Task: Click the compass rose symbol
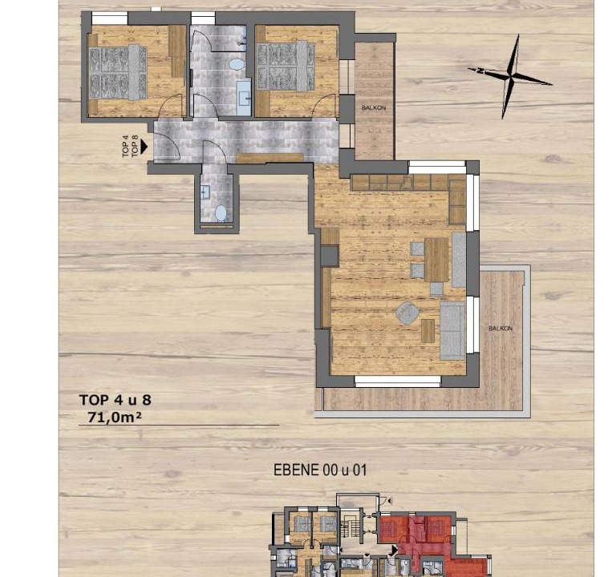click(510, 75)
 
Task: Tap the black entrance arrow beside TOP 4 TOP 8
click(144, 147)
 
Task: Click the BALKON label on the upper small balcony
click(374, 107)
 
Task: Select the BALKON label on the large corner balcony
click(501, 329)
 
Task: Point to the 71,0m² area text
click(115, 418)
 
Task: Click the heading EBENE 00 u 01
click(320, 470)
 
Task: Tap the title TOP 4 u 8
click(116, 400)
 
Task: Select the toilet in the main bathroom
click(237, 64)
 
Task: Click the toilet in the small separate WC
click(221, 213)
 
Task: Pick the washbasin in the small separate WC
click(205, 192)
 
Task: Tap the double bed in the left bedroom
click(118, 72)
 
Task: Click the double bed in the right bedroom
click(286, 67)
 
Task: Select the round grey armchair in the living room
click(407, 313)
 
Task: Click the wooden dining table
click(437, 260)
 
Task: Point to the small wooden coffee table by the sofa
click(428, 331)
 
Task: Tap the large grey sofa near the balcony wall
click(452, 330)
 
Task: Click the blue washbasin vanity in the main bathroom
click(243, 97)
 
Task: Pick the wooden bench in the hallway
click(270, 158)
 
